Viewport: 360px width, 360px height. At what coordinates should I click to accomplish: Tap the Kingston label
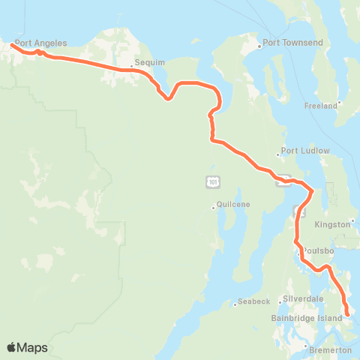(x=333, y=224)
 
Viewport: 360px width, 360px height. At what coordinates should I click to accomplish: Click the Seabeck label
(x=253, y=301)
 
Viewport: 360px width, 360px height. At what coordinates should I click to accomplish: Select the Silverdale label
(x=304, y=298)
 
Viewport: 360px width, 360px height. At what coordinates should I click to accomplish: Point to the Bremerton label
(x=329, y=350)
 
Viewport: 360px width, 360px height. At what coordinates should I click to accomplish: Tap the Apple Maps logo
(x=27, y=347)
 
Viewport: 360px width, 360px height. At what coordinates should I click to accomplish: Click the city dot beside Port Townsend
(x=260, y=46)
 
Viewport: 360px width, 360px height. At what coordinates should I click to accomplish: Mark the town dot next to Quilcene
(x=213, y=208)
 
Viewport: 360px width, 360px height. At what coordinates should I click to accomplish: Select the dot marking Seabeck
(x=235, y=301)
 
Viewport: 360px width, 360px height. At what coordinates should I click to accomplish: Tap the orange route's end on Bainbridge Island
(x=347, y=313)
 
